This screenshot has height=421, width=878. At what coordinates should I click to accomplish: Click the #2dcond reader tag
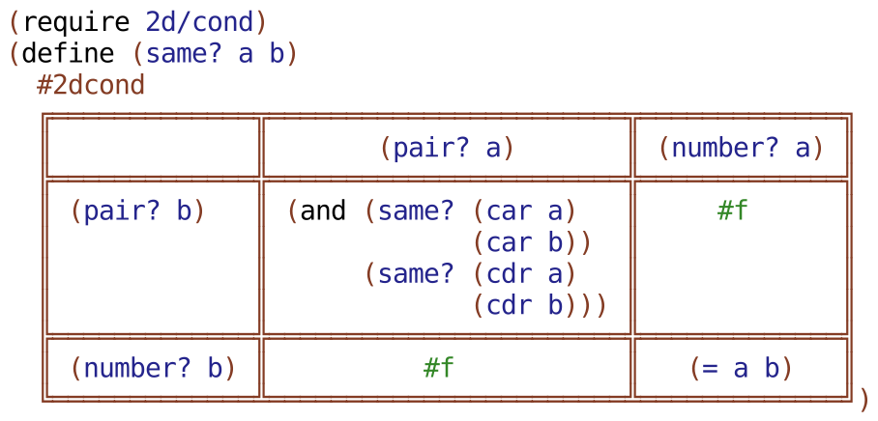pos(91,85)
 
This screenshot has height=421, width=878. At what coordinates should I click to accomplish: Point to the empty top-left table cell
pos(153,148)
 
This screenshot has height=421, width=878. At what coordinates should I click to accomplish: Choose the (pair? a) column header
pos(447,148)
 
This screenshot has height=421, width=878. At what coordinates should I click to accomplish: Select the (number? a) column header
pos(741,148)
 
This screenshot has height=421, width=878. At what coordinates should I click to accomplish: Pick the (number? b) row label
pos(153,368)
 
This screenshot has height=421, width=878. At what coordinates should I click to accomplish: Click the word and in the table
pos(323,211)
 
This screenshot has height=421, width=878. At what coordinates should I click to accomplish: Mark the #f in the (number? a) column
pos(733,211)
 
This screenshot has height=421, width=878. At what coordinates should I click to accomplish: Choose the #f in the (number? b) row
pos(439,368)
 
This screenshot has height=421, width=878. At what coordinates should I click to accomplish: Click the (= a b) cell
pos(741,368)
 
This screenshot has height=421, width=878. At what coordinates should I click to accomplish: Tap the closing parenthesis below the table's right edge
pos(863,398)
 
